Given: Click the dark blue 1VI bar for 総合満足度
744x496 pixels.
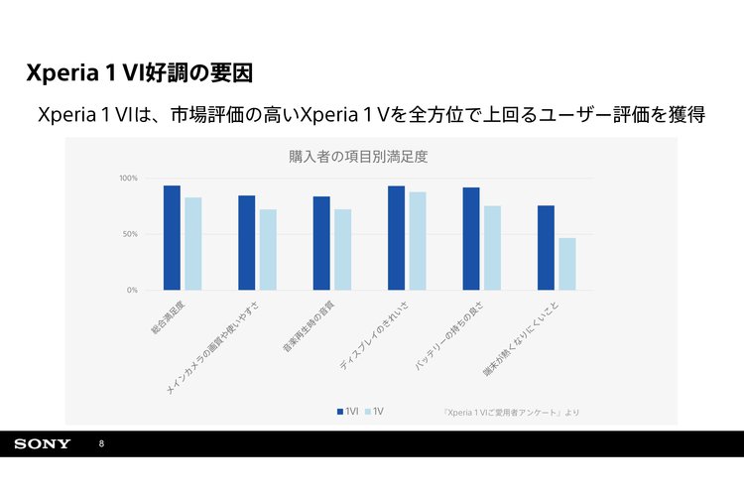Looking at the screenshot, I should click(172, 238).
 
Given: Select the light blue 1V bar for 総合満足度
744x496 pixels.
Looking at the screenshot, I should click(192, 244).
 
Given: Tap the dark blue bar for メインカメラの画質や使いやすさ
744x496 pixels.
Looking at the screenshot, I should click(246, 243).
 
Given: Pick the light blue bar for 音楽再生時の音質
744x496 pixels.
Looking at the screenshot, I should click(342, 250).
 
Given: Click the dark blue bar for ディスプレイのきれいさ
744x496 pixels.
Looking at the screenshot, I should click(396, 238).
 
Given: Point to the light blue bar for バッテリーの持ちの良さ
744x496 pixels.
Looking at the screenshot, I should click(492, 248).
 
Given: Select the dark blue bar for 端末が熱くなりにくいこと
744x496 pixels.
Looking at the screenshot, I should click(546, 248).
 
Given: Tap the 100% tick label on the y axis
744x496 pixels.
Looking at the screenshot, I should click(128, 179).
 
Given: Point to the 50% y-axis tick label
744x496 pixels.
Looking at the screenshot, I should click(130, 234).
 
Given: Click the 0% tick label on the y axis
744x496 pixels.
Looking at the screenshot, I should click(132, 291).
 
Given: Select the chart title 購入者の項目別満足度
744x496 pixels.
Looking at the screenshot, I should click(358, 157).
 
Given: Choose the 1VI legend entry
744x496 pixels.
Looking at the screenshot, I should click(347, 411).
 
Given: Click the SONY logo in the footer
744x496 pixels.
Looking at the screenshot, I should click(43, 443).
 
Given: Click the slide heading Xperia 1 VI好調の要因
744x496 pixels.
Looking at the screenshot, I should click(140, 72).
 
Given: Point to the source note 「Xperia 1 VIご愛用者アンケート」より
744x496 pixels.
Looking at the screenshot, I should click(510, 411).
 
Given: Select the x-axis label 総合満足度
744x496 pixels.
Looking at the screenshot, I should click(169, 314).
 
